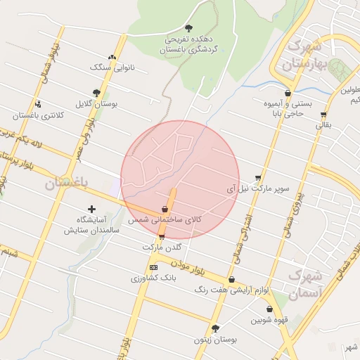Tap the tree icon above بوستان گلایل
96,92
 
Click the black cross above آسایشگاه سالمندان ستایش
91,209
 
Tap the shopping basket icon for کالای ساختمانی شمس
165,209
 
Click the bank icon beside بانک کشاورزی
154,267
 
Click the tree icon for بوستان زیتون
215,328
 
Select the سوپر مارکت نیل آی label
257,189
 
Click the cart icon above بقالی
323,115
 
